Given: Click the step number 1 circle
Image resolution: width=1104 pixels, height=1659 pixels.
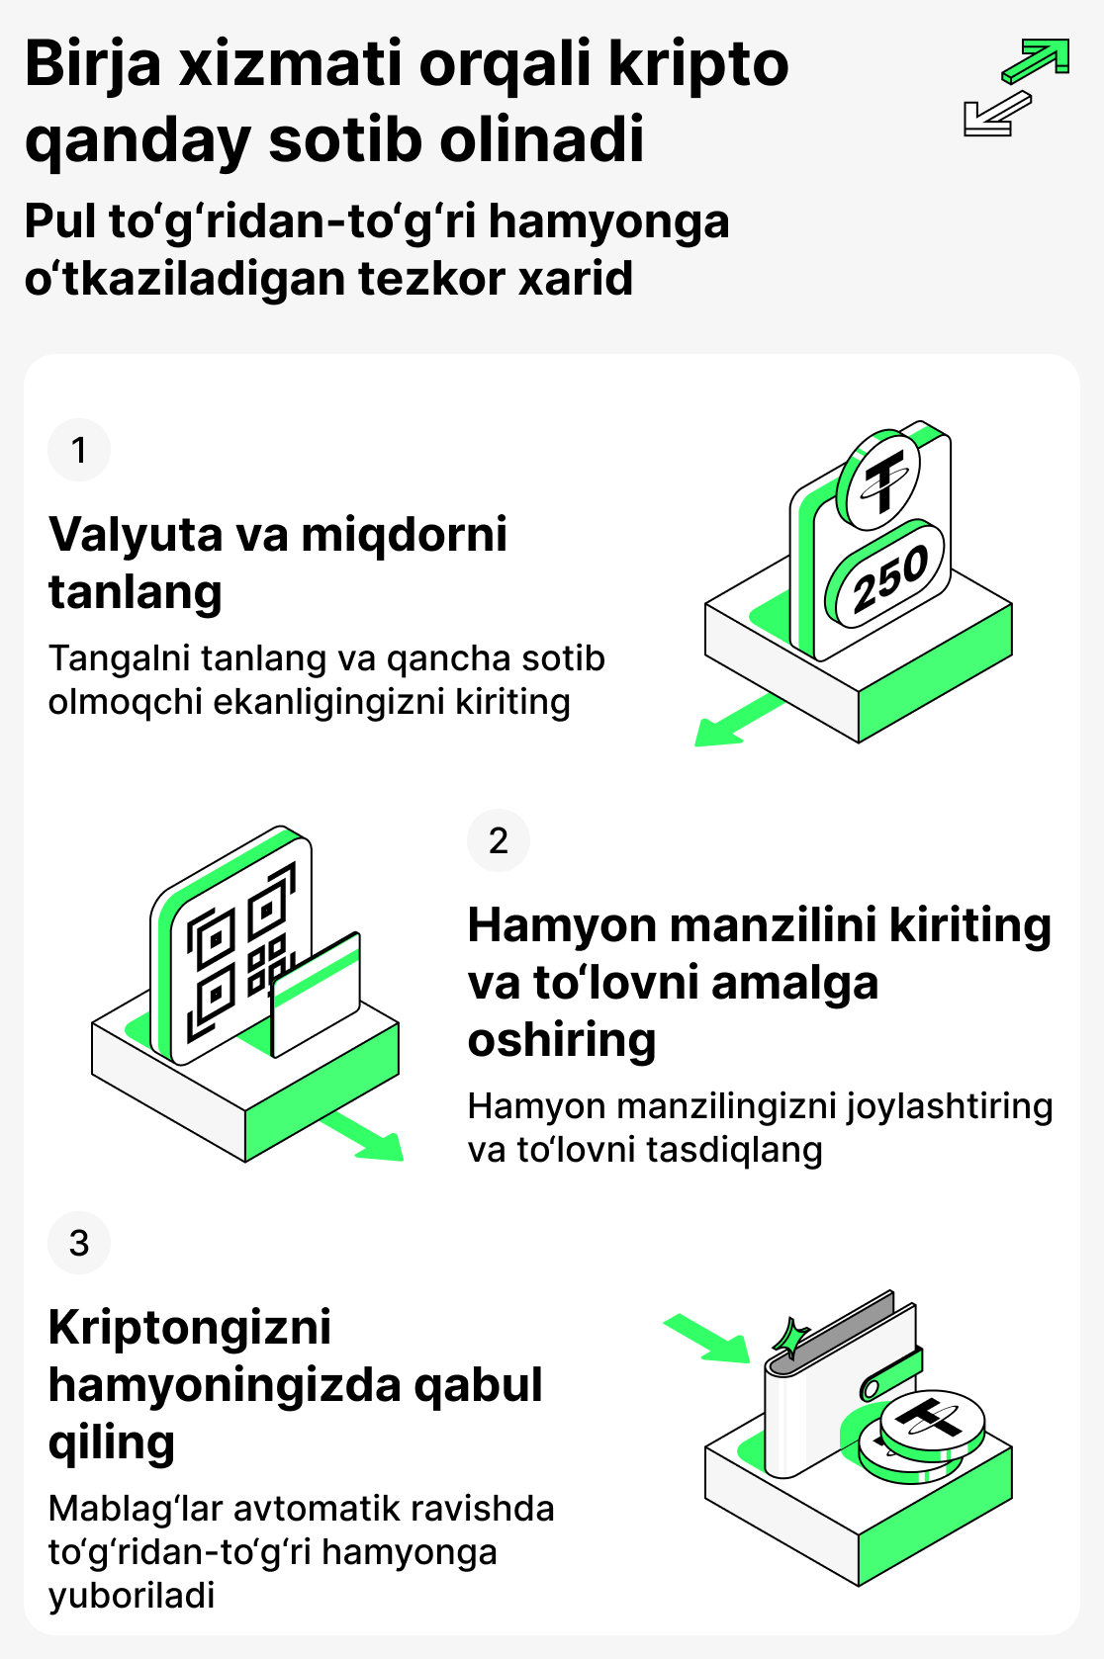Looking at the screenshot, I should [79, 450].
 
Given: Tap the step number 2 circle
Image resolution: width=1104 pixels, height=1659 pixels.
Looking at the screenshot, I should [499, 840].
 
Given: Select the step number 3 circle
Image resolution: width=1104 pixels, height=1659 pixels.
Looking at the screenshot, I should [79, 1243].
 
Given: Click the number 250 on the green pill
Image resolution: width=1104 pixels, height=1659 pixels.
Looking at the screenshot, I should [889, 578].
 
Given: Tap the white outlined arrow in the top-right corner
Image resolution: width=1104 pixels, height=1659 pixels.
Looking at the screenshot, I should [995, 114].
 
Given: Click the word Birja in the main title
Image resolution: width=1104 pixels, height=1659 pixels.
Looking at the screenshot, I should [93, 65].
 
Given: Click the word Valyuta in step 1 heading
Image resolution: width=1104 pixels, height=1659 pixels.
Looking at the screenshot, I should [137, 535].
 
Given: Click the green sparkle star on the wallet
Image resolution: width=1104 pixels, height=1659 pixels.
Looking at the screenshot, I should [790, 1339].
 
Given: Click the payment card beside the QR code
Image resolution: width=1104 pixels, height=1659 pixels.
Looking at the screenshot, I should [316, 993].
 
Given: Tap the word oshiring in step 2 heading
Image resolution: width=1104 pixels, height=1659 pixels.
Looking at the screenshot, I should [562, 1040].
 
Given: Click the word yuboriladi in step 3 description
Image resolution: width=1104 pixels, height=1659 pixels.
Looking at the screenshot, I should [132, 1595].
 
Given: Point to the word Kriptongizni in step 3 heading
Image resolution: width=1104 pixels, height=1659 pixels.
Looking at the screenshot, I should [190, 1327].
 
